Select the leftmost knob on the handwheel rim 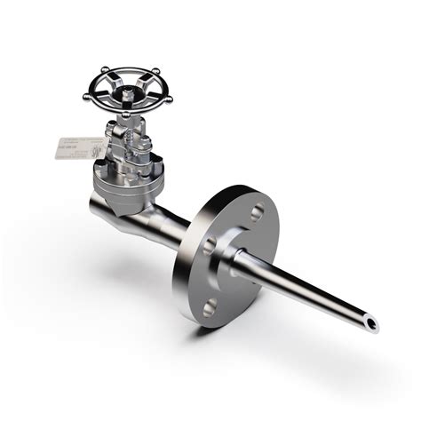[87, 94]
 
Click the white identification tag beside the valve [76, 147]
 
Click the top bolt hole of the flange [256, 213]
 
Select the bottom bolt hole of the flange [210, 308]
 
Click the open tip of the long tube [370, 322]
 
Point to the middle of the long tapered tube [306, 285]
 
